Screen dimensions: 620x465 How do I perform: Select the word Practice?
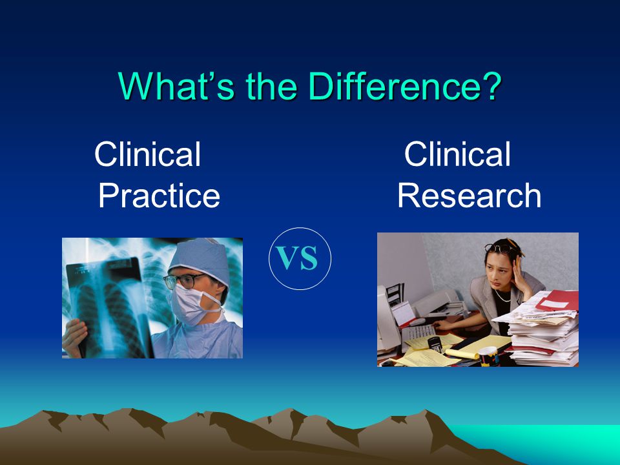(x=159, y=195)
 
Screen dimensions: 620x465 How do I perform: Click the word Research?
(x=469, y=195)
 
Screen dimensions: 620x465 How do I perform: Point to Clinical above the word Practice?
(x=147, y=154)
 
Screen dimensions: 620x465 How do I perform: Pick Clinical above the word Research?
(x=457, y=154)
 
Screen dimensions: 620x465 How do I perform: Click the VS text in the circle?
(x=297, y=258)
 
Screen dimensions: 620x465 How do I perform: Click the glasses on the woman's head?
(x=499, y=248)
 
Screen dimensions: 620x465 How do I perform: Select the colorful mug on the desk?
(x=489, y=356)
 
